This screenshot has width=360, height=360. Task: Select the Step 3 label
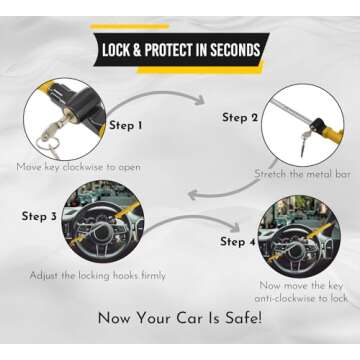click(x=40, y=215)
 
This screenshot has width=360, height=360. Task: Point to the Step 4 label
click(x=239, y=241)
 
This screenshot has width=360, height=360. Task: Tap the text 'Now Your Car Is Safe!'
click(x=180, y=319)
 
